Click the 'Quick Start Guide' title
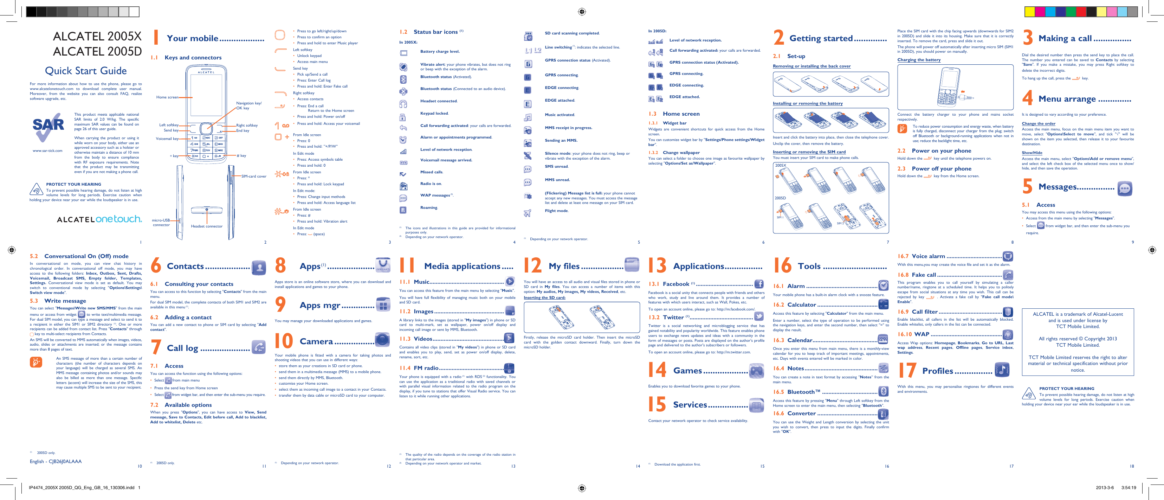click(86, 71)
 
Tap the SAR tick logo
click(48, 127)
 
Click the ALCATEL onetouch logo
click(99, 219)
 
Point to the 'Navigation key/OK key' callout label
click(248, 105)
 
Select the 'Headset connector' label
click(207, 226)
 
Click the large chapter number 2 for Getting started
click(778, 38)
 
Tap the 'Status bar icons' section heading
click(435, 32)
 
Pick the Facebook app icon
click(759, 284)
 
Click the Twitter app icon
click(759, 317)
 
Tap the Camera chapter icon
click(382, 340)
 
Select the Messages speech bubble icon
click(1125, 188)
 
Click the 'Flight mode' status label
click(556, 211)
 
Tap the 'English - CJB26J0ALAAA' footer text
click(56, 462)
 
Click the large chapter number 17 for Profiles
click(906, 371)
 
